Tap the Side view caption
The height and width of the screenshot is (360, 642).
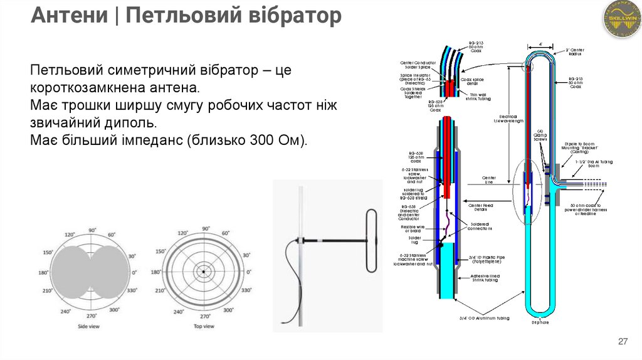(90, 327)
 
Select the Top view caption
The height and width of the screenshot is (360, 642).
(203, 327)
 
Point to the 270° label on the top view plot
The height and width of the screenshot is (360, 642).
(203, 316)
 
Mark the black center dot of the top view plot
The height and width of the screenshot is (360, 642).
(203, 272)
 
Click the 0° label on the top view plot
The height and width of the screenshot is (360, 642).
(248, 272)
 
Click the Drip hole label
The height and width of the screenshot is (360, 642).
(540, 323)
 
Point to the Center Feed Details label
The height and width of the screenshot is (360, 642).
(481, 207)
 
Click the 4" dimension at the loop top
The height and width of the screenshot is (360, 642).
(540, 44)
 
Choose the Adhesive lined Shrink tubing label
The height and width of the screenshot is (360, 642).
(483, 277)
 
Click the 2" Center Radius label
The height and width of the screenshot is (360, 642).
(575, 52)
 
